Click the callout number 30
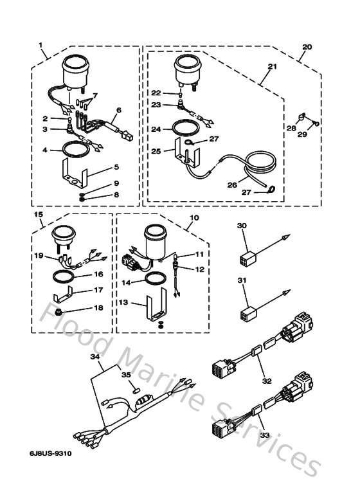pos(242,226)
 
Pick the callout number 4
pos(45,151)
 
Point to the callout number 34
pos(94,356)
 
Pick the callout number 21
pos(271,67)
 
